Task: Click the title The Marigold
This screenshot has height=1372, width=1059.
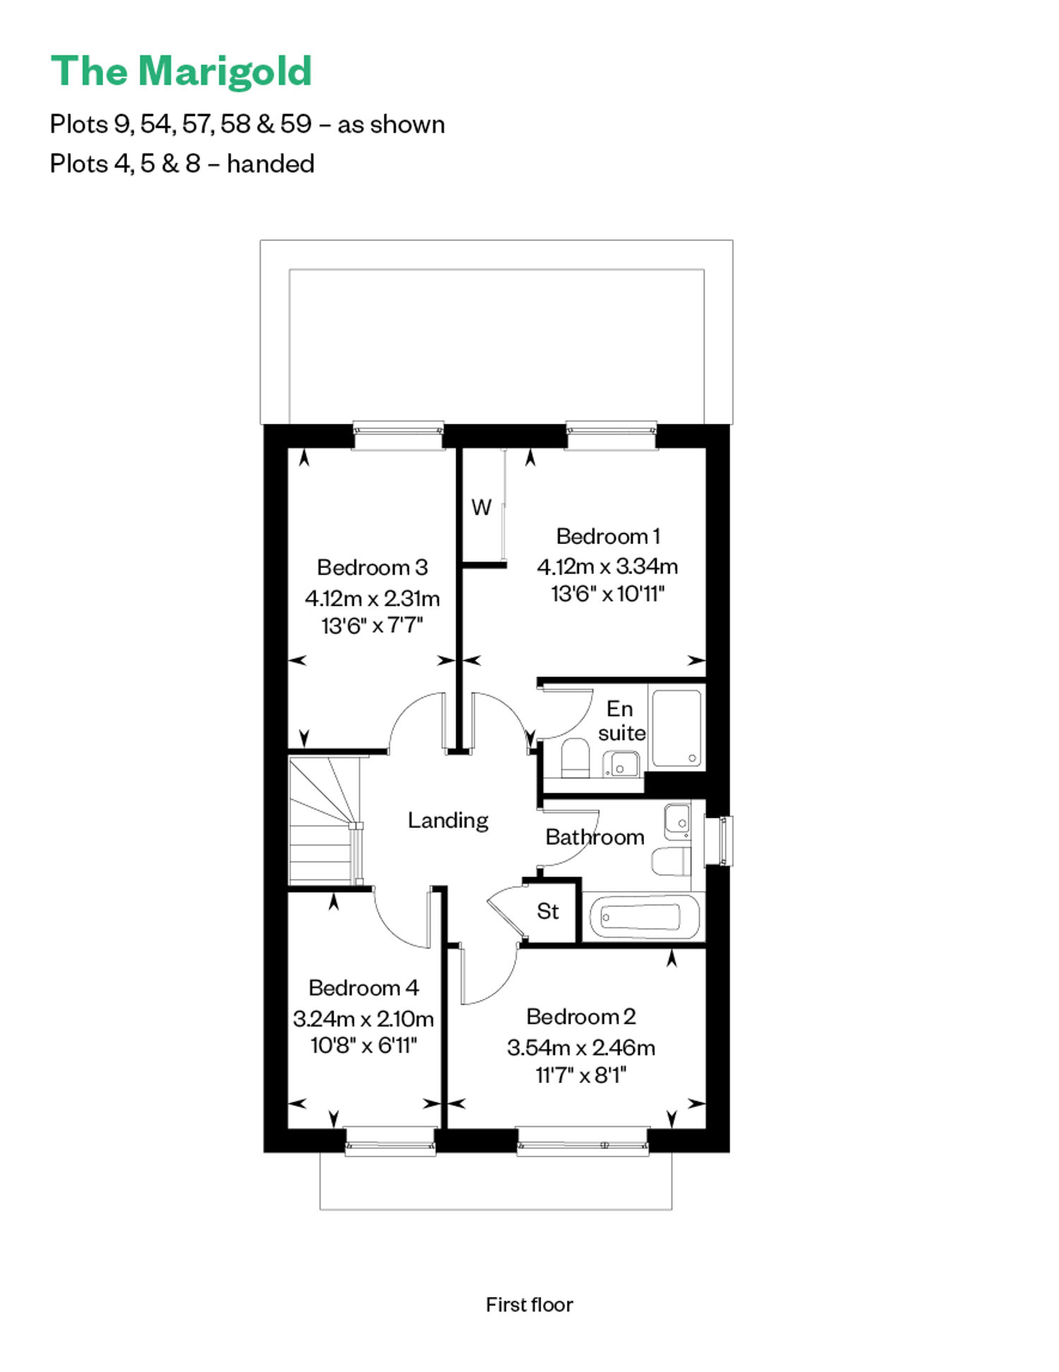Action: tap(181, 72)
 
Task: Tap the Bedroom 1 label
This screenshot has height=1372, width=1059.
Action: tap(608, 536)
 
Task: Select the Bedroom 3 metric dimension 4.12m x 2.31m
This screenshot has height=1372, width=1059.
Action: tap(372, 598)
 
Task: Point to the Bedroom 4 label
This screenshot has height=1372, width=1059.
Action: tap(364, 988)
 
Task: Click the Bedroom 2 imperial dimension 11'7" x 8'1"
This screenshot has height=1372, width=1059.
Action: tap(581, 1075)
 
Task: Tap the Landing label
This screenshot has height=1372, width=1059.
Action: tap(448, 820)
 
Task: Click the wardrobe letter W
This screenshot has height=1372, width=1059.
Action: tap(481, 507)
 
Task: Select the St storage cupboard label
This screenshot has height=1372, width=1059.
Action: tap(548, 911)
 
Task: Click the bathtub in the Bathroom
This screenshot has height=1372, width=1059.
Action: tap(642, 916)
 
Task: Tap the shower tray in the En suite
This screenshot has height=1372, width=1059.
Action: tap(677, 728)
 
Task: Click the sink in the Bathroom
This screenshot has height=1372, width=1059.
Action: tap(678, 820)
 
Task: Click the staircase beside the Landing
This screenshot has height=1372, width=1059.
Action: tap(325, 820)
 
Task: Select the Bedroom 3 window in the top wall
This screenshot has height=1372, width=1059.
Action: tap(398, 435)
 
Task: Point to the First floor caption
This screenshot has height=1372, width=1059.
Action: tap(529, 1304)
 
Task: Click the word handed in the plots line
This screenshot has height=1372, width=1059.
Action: tap(270, 164)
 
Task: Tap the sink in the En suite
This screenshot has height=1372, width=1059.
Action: tap(621, 764)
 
